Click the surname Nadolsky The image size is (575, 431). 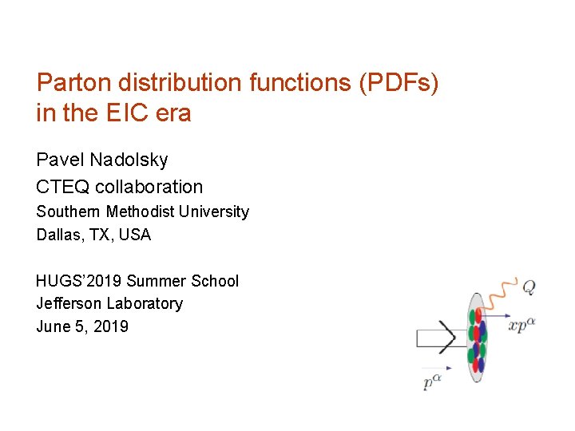[129, 160]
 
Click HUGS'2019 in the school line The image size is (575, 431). [79, 281]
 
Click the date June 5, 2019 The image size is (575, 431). [82, 326]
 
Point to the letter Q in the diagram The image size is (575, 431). [529, 285]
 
